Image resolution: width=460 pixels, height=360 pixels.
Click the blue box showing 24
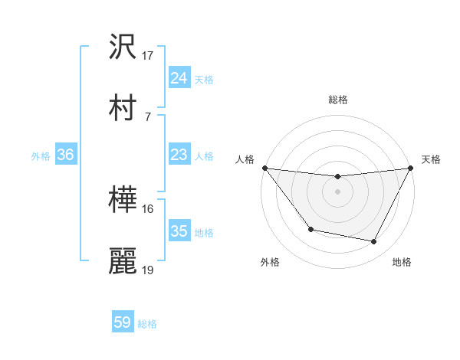coord(179,78)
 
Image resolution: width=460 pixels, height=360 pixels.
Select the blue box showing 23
coord(179,155)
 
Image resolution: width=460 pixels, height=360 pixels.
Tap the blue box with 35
coord(179,231)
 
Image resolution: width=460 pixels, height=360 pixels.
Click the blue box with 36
coord(66,155)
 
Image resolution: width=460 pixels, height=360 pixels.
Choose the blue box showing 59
coord(123,322)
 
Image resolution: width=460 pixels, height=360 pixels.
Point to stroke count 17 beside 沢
coord(148,56)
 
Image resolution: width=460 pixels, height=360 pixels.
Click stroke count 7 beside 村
coord(147,116)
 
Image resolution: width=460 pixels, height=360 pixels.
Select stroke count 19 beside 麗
coord(148,270)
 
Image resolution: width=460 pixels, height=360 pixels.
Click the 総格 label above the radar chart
coord(338,100)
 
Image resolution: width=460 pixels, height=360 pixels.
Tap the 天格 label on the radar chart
coord(431,160)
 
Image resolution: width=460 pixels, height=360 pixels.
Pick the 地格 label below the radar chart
coord(402,263)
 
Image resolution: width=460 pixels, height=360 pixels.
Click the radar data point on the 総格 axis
coord(338,178)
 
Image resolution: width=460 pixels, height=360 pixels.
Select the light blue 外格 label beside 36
coord(40,155)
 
